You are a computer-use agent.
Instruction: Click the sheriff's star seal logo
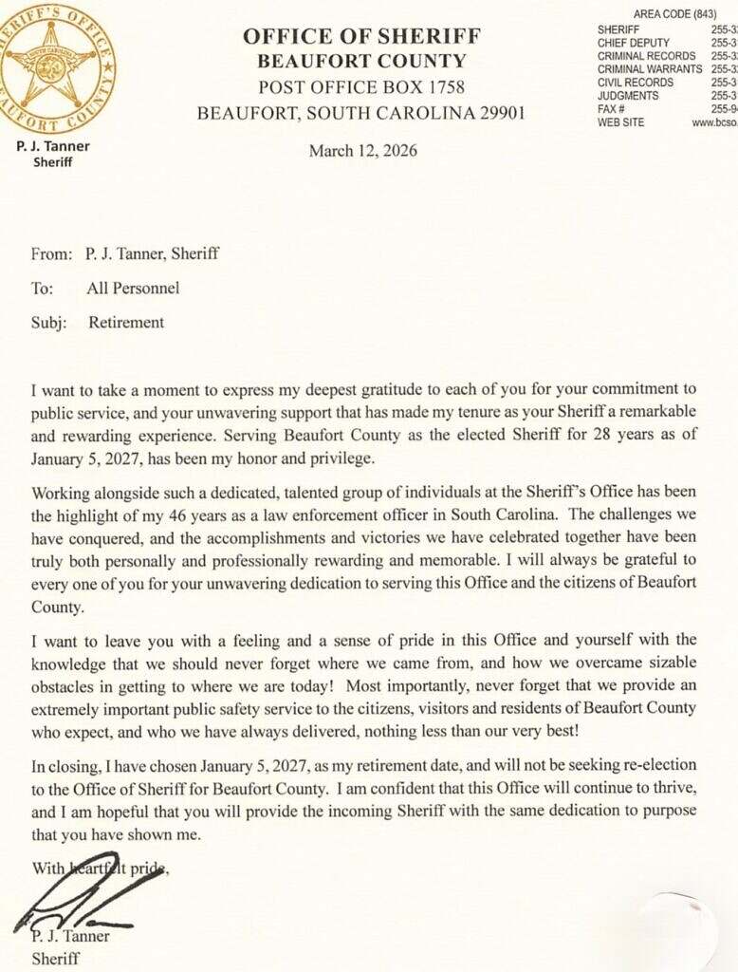57,68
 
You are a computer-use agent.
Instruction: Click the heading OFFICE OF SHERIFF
361,37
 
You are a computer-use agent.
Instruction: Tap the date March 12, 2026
362,151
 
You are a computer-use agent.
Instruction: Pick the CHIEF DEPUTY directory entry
634,43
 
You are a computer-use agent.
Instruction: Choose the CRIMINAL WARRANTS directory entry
650,69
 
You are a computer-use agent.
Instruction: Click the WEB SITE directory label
621,122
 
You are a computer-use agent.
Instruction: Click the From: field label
51,253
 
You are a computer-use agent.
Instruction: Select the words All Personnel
132,288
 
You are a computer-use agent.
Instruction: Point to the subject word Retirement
126,322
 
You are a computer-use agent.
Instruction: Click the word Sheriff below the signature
55,958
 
